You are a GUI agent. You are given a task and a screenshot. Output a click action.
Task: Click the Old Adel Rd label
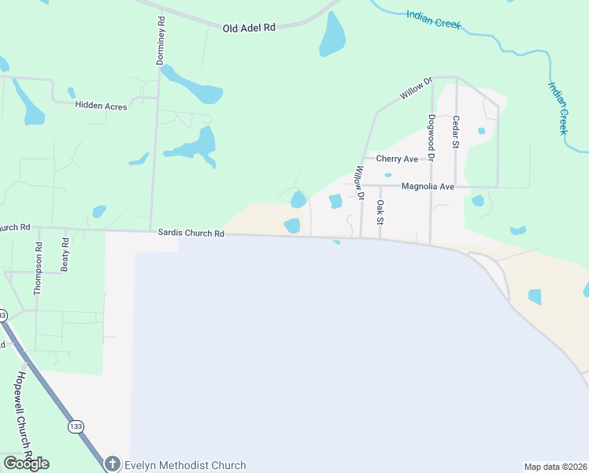(x=249, y=28)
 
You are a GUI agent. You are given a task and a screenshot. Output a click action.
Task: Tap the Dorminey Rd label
(x=161, y=41)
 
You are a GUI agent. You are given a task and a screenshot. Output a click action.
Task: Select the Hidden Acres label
(x=101, y=106)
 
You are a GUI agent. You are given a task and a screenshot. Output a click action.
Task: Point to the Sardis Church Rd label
(x=191, y=233)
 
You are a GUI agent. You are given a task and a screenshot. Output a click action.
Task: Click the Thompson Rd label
(x=37, y=268)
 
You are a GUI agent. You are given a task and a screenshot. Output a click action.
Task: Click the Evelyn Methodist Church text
(x=184, y=465)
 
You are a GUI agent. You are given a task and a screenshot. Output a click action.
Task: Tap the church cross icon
(x=113, y=464)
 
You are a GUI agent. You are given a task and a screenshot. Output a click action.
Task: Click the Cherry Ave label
(x=397, y=159)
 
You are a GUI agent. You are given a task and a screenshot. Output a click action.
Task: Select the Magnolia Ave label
(x=428, y=187)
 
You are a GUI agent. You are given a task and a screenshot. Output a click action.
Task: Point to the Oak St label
(x=380, y=212)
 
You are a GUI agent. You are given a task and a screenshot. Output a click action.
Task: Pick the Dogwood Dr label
(x=431, y=132)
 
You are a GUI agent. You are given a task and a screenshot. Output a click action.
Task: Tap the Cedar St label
(x=455, y=132)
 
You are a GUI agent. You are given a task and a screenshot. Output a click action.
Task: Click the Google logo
(x=26, y=464)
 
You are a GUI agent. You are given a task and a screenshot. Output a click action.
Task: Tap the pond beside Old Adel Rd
(x=332, y=35)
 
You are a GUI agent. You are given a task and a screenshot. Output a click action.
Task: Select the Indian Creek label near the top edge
(x=433, y=19)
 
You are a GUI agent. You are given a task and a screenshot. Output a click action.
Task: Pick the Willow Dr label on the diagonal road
(x=417, y=88)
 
